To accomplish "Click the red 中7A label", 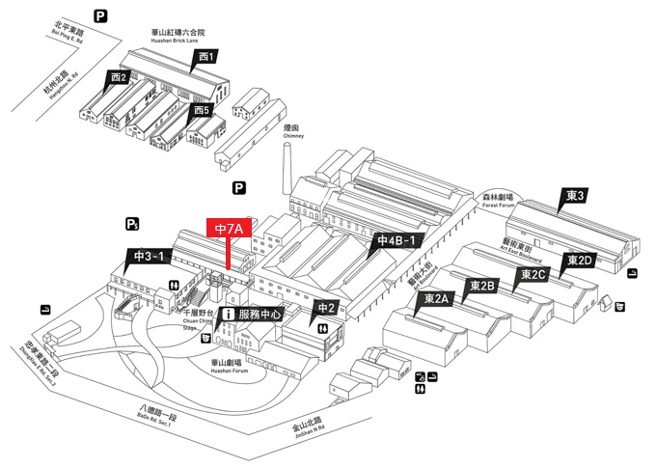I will [230, 229].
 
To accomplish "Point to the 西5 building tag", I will [201, 110].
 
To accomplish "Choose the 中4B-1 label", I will [396, 240].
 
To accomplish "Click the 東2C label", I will [533, 274].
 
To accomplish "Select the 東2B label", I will [482, 286].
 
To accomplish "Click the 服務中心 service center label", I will [260, 315].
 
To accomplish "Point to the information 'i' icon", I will [229, 315].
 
